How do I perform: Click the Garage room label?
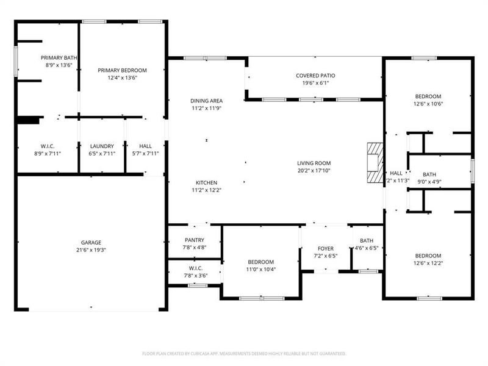(91, 242)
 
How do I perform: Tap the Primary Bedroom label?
(123, 70)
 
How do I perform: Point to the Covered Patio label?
(315, 76)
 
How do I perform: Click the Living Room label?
(314, 163)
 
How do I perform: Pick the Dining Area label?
(206, 101)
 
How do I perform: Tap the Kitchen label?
(206, 182)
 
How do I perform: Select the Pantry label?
(194, 240)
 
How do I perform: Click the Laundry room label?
(102, 146)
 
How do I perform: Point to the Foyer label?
(326, 249)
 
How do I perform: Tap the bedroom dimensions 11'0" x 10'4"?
(261, 269)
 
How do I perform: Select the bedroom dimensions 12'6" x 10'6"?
(428, 103)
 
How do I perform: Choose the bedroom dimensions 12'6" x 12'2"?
(428, 263)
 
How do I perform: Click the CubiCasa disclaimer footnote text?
(244, 353)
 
